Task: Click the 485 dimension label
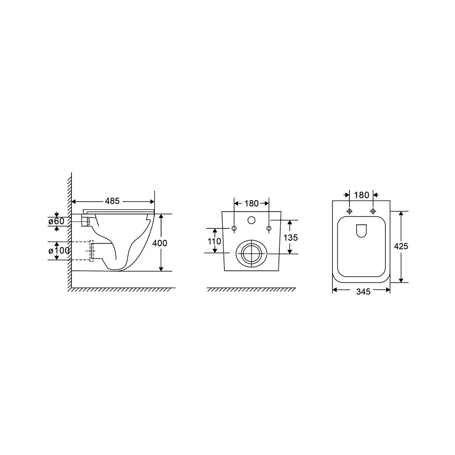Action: [x=112, y=201]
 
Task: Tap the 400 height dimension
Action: [x=160, y=243]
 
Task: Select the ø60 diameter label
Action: [x=56, y=221]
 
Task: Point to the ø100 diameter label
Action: [x=59, y=250]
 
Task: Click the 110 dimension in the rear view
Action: [x=214, y=241]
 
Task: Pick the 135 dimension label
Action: [x=290, y=238]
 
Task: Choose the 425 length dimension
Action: [x=401, y=246]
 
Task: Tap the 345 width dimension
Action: [x=363, y=292]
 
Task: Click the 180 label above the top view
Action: [x=361, y=195]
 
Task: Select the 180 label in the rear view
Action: [x=251, y=203]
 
